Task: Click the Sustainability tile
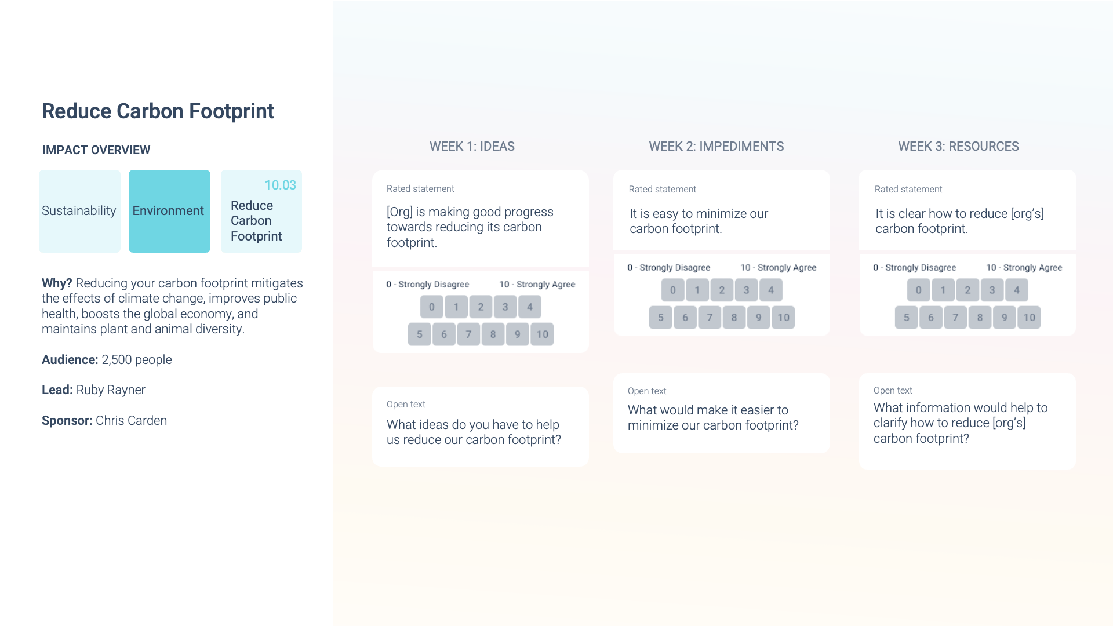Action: coord(79,211)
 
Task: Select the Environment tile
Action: coord(169,211)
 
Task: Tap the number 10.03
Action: coord(280,185)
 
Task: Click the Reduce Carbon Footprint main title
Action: coord(158,111)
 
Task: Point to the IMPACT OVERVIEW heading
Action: coord(96,150)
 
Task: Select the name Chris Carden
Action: coord(131,421)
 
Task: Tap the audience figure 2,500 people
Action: coord(137,360)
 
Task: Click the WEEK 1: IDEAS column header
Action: coord(472,147)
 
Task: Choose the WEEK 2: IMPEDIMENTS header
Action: coord(716,147)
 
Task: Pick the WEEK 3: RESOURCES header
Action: coord(959,147)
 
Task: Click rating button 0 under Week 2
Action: coord(673,290)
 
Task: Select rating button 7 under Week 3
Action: coord(955,318)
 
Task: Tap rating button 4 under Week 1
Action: coord(530,307)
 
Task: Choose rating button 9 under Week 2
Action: coord(759,318)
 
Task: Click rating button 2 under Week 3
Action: coord(967,290)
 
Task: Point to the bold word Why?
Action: coord(57,283)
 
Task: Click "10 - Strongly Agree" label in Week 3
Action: coord(1024,268)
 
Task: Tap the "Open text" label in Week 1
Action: coord(406,405)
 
